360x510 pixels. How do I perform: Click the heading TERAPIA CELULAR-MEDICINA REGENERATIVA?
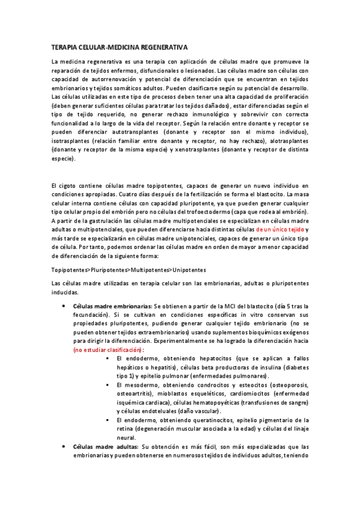[120, 46]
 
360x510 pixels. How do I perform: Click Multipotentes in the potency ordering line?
[151, 270]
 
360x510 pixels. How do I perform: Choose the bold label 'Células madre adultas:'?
[105, 447]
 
